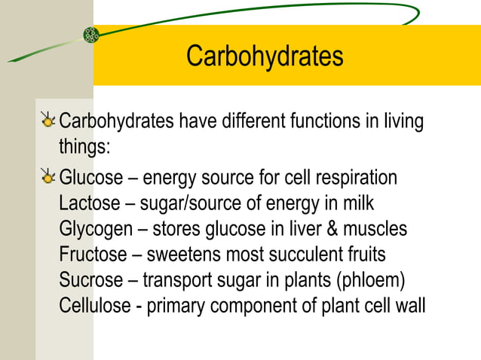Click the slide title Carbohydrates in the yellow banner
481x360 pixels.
pos(265,56)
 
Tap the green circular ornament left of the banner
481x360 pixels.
pos(91,35)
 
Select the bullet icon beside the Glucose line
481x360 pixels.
pos(49,177)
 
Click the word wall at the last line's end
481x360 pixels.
pos(410,306)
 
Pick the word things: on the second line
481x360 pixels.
pos(85,145)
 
